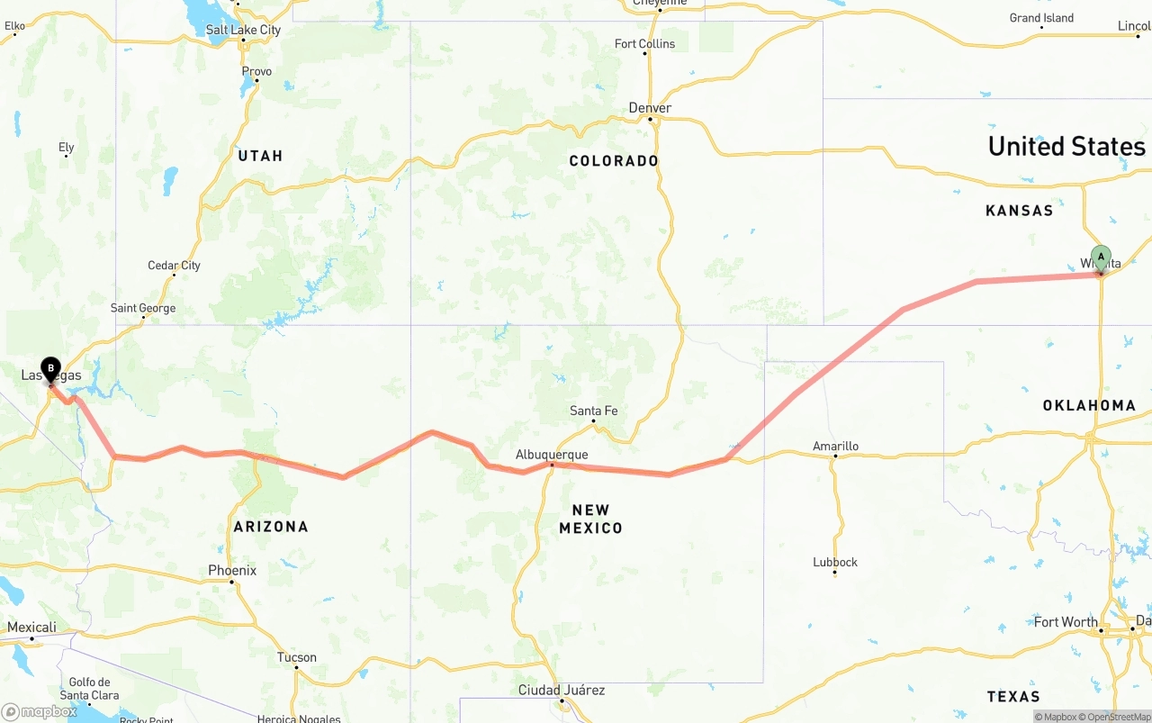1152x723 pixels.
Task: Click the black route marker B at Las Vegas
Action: click(51, 368)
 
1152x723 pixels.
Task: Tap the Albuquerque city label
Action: click(552, 455)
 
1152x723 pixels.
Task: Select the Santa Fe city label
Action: click(593, 411)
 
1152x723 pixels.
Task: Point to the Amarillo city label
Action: click(835, 446)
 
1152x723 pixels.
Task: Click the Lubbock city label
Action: click(835, 562)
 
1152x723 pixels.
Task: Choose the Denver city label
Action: click(650, 108)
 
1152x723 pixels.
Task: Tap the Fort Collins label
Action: click(644, 43)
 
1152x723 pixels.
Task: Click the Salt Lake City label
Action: click(243, 30)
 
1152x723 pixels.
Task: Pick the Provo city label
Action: click(256, 71)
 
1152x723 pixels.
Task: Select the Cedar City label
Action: click(174, 266)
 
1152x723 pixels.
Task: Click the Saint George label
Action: click(143, 308)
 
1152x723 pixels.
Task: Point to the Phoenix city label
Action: click(232, 570)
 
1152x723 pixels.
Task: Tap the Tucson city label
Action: click(296, 657)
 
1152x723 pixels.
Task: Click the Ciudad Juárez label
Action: click(562, 691)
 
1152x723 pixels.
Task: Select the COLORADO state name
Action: click(614, 161)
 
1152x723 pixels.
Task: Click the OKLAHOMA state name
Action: click(1089, 405)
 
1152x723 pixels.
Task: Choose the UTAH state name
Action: click(260, 156)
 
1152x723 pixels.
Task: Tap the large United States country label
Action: click(1066, 147)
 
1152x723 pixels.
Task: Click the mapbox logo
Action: click(40, 711)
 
